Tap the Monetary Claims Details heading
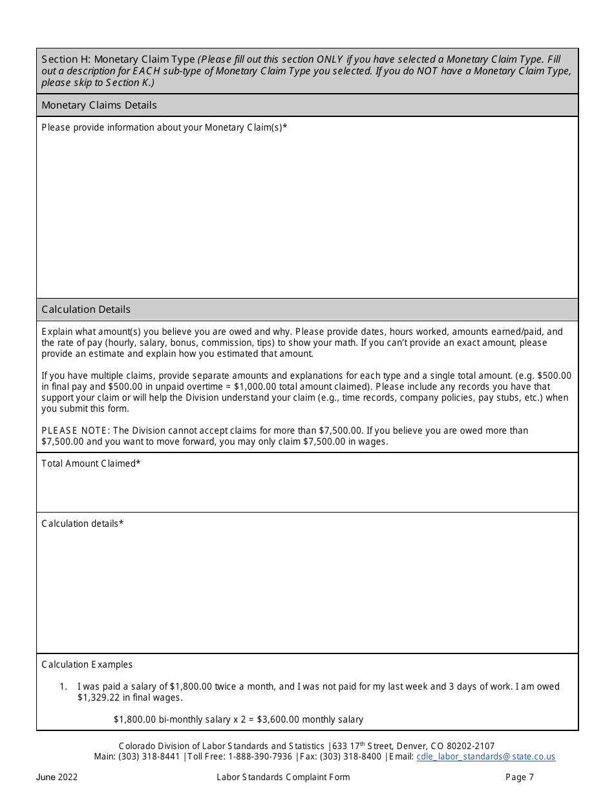(x=99, y=105)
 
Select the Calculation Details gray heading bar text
(x=86, y=310)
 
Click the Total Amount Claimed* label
(x=91, y=463)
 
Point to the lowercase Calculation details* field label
(x=82, y=524)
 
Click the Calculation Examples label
(x=87, y=664)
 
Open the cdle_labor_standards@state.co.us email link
(x=485, y=757)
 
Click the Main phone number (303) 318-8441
(x=150, y=757)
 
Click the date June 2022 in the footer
(x=57, y=777)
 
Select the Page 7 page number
(x=520, y=777)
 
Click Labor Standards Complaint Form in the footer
(x=283, y=777)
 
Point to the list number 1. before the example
(x=63, y=686)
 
